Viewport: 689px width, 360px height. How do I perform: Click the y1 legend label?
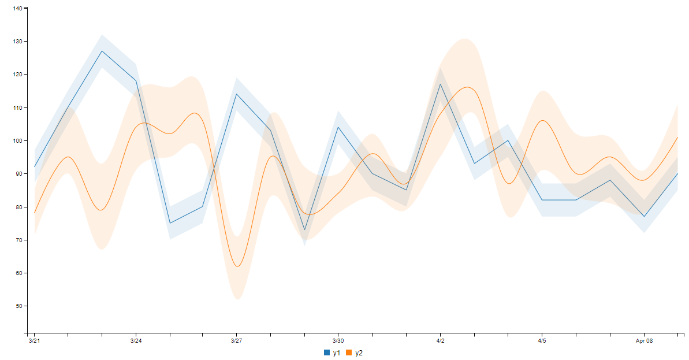pos(337,353)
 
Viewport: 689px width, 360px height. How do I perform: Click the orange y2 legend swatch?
pos(349,353)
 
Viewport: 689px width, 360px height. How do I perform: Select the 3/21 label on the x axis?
pos(35,341)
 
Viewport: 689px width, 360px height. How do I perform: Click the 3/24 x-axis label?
pos(136,341)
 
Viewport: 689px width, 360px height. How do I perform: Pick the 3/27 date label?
pos(237,341)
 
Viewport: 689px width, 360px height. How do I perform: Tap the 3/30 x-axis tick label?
pos(338,341)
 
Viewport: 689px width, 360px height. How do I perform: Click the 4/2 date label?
pos(440,341)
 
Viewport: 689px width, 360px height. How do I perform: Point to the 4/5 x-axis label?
pos(542,341)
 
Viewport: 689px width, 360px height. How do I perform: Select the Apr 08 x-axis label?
pos(644,341)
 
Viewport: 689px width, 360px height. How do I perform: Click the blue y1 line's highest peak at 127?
pos(102,51)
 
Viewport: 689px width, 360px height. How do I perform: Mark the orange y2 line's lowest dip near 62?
pos(237,266)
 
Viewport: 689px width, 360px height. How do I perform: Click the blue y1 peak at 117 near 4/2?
pos(440,84)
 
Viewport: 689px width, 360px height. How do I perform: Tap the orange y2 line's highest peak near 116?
pos(467,87)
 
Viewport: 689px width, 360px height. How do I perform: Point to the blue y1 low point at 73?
pos(305,229)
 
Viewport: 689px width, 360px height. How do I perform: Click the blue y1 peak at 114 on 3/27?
pos(237,94)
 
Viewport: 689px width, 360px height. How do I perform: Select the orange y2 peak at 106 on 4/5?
pos(542,120)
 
